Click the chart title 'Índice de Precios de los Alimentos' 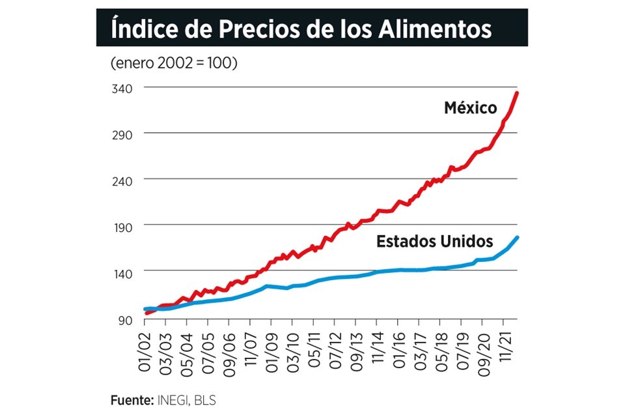click(301, 29)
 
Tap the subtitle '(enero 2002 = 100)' click(173, 63)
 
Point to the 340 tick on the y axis click(124, 88)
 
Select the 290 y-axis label click(124, 134)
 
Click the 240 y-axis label click(124, 180)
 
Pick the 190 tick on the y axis click(124, 226)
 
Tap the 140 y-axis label click(124, 272)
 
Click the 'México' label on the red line click(470, 108)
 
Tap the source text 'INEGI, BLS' click(186, 400)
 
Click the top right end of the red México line click(516, 93)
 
